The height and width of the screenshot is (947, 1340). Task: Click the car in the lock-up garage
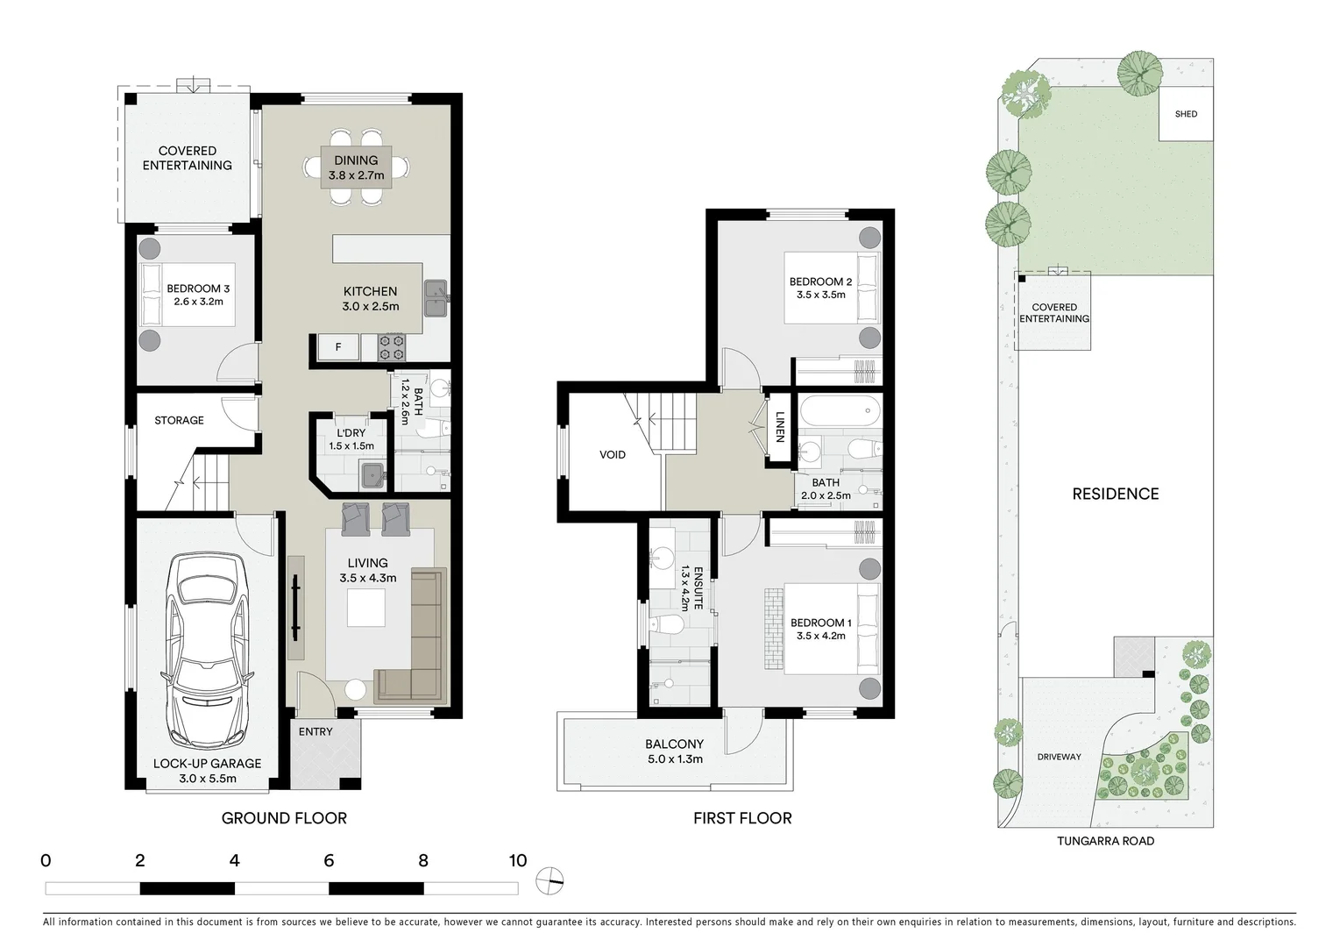click(x=207, y=649)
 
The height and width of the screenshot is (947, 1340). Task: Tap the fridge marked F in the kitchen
click(x=338, y=347)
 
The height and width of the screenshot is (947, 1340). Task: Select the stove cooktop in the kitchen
click(x=392, y=347)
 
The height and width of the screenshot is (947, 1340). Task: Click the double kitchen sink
click(x=436, y=298)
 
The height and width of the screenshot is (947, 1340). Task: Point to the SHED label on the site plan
click(x=1186, y=114)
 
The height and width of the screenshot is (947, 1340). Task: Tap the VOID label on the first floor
click(x=613, y=454)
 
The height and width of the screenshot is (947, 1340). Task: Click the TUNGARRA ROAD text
click(x=1105, y=841)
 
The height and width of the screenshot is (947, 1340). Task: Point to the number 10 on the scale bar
click(x=517, y=860)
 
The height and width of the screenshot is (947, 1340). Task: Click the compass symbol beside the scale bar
click(x=551, y=879)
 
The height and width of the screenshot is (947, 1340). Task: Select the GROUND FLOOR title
click(x=284, y=818)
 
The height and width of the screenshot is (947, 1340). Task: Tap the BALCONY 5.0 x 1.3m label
click(x=675, y=751)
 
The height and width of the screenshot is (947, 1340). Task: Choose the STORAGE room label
click(x=179, y=421)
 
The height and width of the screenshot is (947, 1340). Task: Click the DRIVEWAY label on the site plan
click(x=1059, y=757)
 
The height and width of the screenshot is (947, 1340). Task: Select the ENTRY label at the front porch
click(x=316, y=732)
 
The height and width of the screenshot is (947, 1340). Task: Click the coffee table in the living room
click(x=366, y=608)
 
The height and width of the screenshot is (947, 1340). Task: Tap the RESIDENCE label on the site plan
click(x=1115, y=494)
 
